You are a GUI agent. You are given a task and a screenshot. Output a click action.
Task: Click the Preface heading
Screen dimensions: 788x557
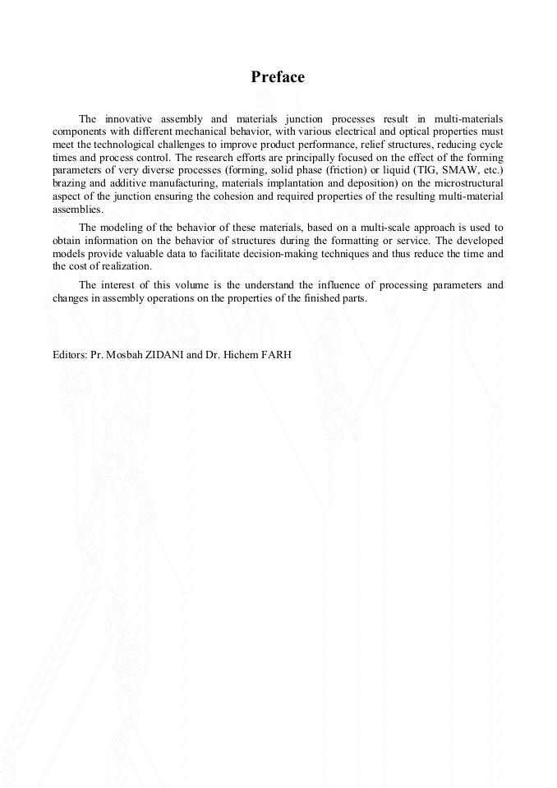pos(278,77)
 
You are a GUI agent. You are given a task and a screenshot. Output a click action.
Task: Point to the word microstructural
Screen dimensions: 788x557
pos(467,181)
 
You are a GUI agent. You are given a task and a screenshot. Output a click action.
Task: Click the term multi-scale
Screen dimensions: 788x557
pos(387,226)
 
